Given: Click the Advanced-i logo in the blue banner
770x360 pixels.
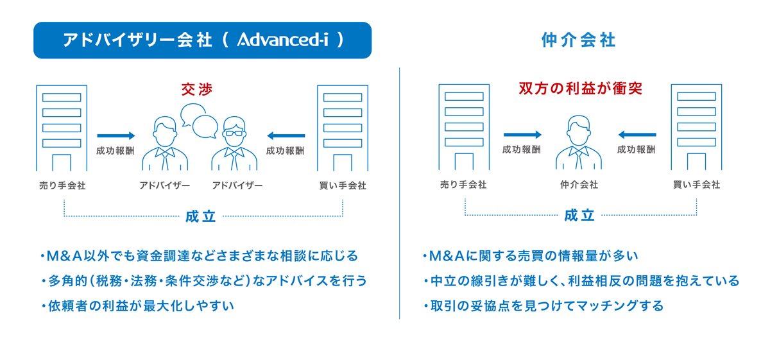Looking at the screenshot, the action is point(282,40).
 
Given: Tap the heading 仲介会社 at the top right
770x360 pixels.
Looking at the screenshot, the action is point(579,40).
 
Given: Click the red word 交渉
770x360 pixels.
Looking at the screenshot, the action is point(197,89).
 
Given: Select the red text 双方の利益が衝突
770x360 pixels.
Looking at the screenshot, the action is point(580,89).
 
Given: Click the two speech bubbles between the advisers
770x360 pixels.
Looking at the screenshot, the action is point(200,121).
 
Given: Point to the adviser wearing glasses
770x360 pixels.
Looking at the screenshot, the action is point(234,143).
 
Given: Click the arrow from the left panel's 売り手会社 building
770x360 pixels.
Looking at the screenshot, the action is point(116,135).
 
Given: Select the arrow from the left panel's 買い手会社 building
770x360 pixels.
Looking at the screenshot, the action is point(286,135).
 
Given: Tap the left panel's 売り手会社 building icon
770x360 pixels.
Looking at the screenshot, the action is point(62,128).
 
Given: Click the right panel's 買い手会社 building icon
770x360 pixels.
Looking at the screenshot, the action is point(696,127).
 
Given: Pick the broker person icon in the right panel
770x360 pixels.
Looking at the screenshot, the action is point(579,142).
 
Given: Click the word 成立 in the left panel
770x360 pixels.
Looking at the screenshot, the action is point(201,217).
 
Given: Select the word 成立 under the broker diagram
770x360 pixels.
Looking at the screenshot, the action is point(579,216).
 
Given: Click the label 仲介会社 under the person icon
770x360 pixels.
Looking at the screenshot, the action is point(579,185).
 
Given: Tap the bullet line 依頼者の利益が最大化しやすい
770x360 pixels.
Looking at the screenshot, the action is point(138,305).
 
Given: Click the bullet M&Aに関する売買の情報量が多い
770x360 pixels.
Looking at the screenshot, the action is point(531,256).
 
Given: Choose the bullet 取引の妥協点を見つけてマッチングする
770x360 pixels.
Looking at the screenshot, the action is point(543,305).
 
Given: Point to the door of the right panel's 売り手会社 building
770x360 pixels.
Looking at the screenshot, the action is point(464,161).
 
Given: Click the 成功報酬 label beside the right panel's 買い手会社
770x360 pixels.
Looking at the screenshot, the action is point(637,150).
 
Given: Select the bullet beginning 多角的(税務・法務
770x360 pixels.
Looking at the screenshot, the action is point(204,281).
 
